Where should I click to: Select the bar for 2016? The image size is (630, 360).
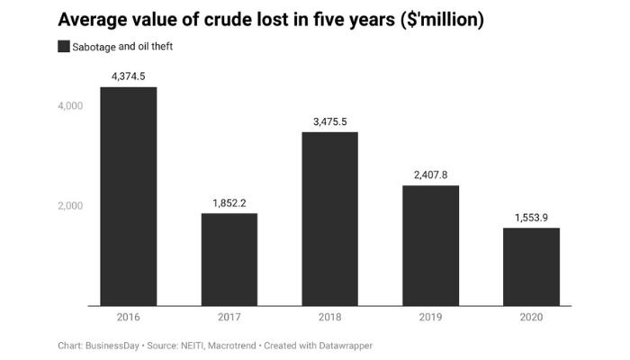(x=128, y=196)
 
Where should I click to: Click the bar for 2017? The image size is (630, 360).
(x=229, y=259)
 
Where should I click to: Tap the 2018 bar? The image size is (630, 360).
(x=329, y=219)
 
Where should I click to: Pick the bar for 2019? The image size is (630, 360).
(x=430, y=246)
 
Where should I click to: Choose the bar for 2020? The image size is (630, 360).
(x=531, y=266)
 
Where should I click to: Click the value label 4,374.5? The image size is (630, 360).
(x=128, y=76)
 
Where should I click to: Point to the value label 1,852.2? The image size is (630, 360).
(x=229, y=202)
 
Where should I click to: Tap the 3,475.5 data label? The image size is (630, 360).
(x=329, y=121)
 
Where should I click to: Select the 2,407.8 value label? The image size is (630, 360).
(x=430, y=175)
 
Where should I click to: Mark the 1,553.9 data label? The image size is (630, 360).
(x=531, y=217)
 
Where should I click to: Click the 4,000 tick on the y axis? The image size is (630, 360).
(x=70, y=106)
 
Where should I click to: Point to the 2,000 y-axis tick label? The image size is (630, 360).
(x=70, y=206)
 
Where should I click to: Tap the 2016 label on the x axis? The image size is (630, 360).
(x=128, y=318)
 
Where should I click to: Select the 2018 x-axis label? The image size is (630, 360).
(x=329, y=318)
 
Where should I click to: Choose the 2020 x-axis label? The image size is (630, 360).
(x=531, y=318)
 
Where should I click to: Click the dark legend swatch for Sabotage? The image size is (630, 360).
(x=64, y=47)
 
